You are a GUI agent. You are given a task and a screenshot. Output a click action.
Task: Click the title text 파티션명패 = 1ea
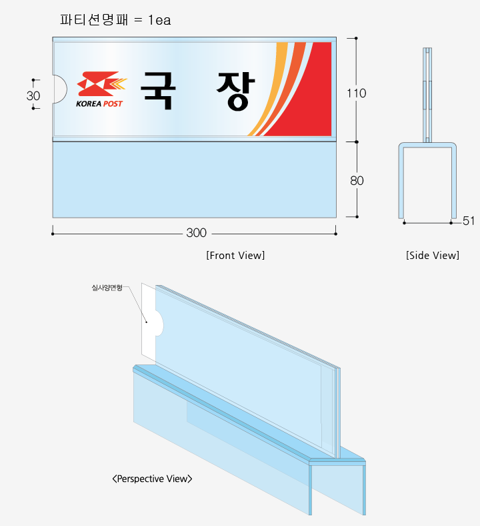point(115,20)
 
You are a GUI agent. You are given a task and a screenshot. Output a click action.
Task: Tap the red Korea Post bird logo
point(101,84)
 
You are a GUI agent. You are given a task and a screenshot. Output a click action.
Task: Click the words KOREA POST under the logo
point(99,103)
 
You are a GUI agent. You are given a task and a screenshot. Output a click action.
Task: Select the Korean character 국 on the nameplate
point(158,91)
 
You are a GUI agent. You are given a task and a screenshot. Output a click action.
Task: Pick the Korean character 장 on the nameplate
point(236,91)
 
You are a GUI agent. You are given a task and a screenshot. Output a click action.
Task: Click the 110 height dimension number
point(357,93)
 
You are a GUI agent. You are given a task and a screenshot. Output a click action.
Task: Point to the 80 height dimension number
point(357,180)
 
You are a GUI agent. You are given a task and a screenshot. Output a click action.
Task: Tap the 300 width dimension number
point(196,233)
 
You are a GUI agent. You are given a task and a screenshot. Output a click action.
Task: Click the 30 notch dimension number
point(33,96)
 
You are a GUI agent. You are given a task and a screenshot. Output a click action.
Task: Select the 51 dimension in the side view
point(468,221)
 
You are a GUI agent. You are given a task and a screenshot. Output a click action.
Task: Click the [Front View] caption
point(235,255)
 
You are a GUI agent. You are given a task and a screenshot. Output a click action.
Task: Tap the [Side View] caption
point(433,255)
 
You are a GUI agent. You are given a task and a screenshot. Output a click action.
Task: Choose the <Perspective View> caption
point(153,479)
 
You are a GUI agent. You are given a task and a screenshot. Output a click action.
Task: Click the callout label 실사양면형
point(107,288)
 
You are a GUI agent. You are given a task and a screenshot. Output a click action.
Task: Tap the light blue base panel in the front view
point(194,180)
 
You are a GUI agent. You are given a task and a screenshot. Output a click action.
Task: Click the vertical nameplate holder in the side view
point(427,95)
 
